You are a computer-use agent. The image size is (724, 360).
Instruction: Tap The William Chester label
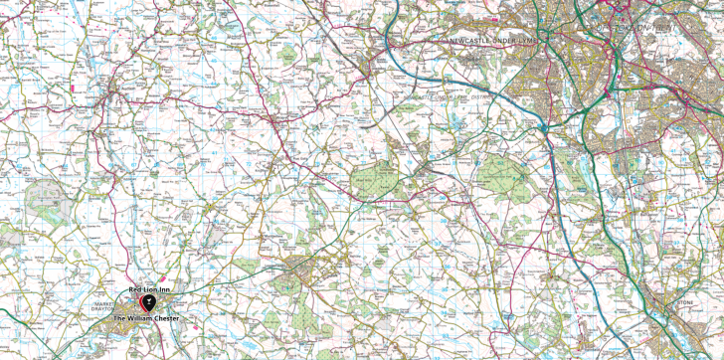[x=147, y=318]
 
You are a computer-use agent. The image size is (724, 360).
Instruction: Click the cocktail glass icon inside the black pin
[x=148, y=300]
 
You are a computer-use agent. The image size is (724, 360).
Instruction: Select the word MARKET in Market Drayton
[x=107, y=302]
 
